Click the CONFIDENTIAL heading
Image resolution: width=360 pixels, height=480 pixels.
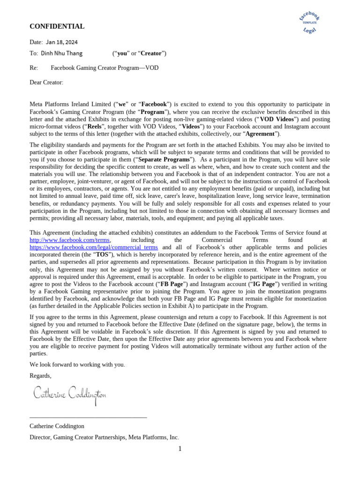tap(57, 27)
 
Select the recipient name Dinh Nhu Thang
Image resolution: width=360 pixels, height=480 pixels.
tap(61, 53)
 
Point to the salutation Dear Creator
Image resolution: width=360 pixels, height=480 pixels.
tap(46, 82)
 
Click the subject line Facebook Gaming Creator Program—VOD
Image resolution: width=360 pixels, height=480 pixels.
tap(105, 68)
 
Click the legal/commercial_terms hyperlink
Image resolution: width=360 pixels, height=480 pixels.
tap(94, 247)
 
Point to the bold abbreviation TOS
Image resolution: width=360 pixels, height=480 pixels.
tap(102, 255)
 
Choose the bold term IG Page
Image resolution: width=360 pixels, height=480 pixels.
tap(263, 284)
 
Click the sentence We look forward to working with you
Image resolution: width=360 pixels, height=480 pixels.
tap(77, 364)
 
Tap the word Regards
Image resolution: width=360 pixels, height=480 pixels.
tap(40, 375)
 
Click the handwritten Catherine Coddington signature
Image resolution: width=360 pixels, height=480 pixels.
tap(70, 394)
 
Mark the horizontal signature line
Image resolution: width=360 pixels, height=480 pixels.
tap(88, 417)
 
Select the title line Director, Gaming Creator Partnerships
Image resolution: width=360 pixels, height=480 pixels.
tap(104, 437)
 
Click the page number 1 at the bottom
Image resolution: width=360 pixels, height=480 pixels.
tap(180, 449)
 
